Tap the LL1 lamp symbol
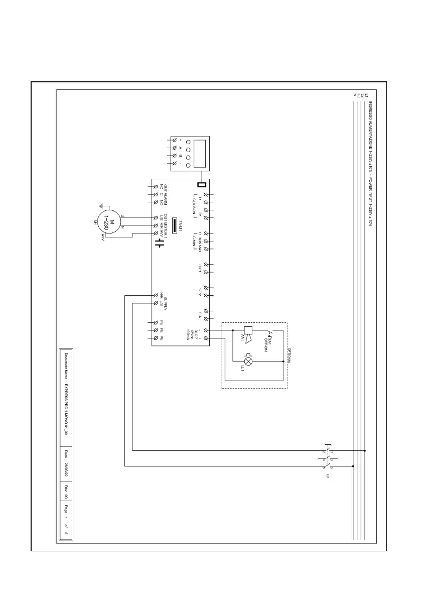(248, 361)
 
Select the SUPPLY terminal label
(165, 300)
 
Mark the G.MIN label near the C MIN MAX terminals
(193, 242)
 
